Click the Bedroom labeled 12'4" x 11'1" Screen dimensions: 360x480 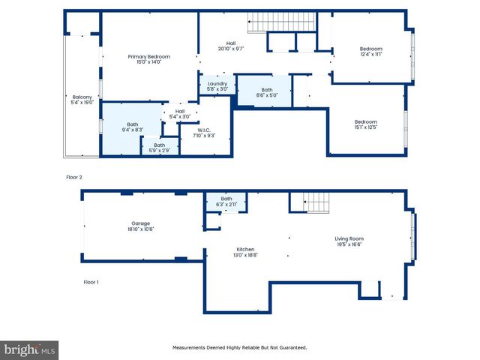371,51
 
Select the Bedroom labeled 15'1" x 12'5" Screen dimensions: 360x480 365,124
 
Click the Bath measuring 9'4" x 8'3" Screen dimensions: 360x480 132,127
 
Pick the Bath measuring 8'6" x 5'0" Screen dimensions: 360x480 266,91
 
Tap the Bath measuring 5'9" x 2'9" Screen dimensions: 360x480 160,148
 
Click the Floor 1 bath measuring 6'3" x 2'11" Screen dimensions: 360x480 226,201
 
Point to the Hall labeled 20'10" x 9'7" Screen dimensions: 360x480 231,46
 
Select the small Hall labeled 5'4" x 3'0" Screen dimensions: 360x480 180,113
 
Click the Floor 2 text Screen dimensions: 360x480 74,178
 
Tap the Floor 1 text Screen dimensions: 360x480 91,282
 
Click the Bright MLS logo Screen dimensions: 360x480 30,350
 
